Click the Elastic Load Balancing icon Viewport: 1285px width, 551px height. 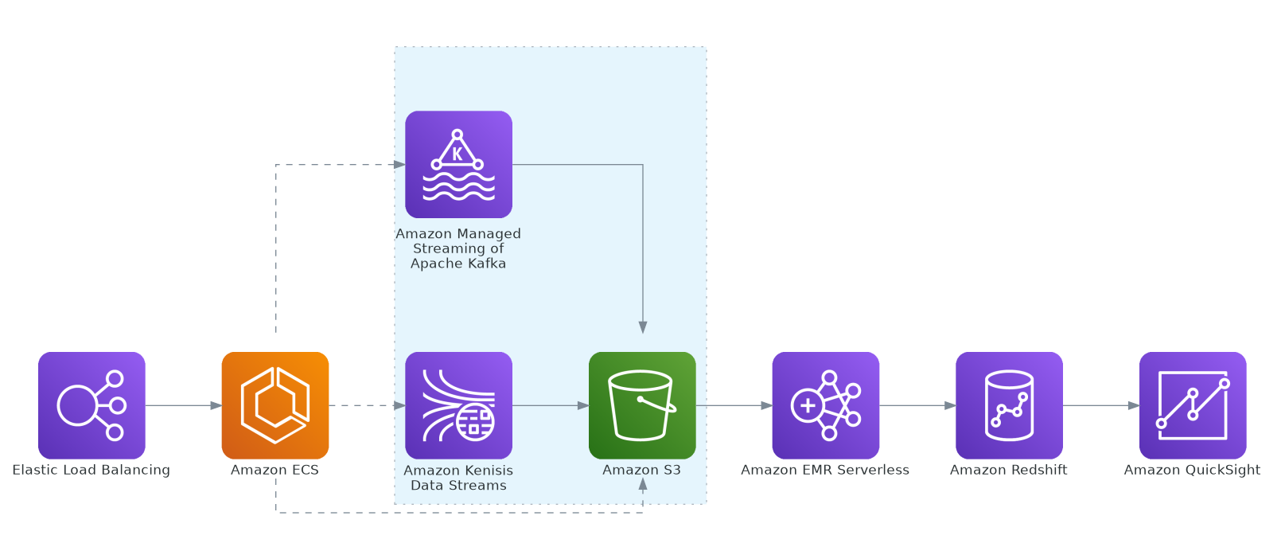coord(92,405)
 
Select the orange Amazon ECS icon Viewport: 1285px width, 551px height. coord(275,405)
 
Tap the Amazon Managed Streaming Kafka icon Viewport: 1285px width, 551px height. coord(458,164)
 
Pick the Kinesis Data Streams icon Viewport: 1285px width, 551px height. coord(458,405)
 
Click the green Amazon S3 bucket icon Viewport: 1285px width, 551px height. coord(642,405)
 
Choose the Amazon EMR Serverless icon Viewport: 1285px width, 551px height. coord(825,405)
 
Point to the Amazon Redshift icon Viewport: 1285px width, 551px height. coord(1009,405)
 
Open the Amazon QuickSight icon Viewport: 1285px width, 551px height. coord(1192,405)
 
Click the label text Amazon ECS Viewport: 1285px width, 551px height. coord(275,470)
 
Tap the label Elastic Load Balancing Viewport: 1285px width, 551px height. coord(92,470)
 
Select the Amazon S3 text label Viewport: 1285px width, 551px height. coord(641,470)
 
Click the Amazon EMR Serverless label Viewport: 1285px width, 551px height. coord(825,470)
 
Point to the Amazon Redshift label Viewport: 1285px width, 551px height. coord(1008,470)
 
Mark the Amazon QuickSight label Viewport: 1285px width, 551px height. coord(1192,470)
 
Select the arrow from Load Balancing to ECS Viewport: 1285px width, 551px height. coord(183,405)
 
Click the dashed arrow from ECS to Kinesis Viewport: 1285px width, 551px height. coord(367,405)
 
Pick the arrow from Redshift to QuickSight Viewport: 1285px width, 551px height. coord(1100,405)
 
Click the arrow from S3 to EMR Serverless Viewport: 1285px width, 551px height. coord(734,405)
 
